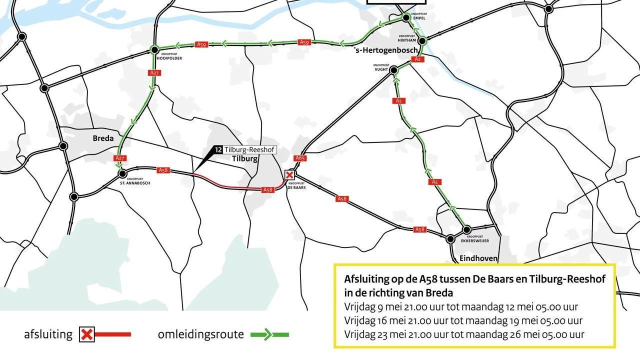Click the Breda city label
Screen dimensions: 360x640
tap(103, 138)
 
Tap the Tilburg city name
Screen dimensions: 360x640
tap(245, 159)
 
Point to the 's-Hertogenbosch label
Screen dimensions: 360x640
tap(379, 50)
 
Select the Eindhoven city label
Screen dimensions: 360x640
tap(478, 258)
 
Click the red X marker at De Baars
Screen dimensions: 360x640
tap(289, 175)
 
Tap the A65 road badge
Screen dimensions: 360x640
tap(300, 158)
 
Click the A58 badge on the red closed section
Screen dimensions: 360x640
tap(268, 190)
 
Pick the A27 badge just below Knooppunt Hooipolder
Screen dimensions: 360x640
tap(154, 73)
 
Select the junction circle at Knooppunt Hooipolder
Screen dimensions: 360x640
tap(154, 50)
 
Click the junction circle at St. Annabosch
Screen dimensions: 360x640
tap(122, 174)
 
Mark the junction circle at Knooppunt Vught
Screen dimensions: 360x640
tap(394, 70)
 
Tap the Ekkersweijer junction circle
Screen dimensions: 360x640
tap(466, 230)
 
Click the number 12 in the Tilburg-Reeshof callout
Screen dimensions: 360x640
tap(218, 149)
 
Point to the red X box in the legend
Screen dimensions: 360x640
tap(87, 334)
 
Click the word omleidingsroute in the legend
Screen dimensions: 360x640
tap(200, 334)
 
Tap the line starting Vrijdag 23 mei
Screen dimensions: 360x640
tap(464, 334)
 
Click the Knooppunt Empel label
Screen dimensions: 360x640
tap(417, 16)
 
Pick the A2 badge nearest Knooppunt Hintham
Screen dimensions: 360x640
tap(419, 59)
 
